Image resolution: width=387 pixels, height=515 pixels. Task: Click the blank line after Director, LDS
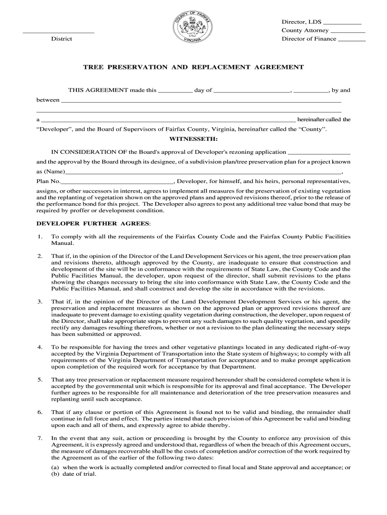point(342,23)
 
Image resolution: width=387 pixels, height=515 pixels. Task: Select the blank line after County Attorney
point(348,32)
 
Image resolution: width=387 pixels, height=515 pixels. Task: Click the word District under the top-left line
point(61,39)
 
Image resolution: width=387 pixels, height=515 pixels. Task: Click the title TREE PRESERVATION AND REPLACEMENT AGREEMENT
point(193,67)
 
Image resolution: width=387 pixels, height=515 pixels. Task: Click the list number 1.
point(39,236)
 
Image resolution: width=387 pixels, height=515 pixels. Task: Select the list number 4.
point(39,348)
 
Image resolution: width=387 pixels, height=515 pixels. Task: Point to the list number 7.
point(39,438)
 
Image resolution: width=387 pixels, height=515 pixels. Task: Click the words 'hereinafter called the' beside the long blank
point(324,120)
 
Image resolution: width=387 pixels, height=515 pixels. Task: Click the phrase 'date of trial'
point(79,474)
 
